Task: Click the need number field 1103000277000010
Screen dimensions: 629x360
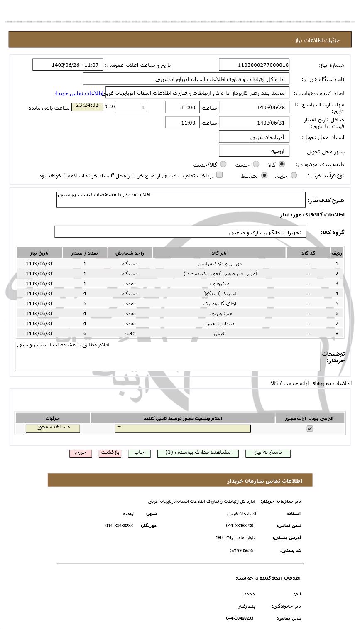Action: [254, 65]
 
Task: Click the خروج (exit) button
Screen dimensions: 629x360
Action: [81, 453]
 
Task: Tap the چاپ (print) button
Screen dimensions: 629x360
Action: [139, 453]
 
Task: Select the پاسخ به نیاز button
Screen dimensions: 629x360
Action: [268, 453]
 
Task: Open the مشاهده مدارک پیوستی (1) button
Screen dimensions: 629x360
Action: [198, 453]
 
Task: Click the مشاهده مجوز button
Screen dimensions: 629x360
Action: [53, 428]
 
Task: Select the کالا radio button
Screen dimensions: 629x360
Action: [282, 164]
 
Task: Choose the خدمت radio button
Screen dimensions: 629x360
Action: [256, 164]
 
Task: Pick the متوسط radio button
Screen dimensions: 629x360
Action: [264, 176]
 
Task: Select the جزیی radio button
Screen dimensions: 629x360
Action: [294, 176]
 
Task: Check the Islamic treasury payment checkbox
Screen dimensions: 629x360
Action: [219, 175]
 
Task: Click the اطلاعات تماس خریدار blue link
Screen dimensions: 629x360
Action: [78, 93]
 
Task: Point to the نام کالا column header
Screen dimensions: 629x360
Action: [219, 253]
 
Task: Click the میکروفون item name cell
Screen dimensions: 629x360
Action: [219, 284]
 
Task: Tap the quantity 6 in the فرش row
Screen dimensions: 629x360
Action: [85, 334]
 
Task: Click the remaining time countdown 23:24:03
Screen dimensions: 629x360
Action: [87, 106]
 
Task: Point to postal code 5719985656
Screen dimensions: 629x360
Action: [241, 550]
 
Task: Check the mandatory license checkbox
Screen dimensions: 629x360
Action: [310, 429]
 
